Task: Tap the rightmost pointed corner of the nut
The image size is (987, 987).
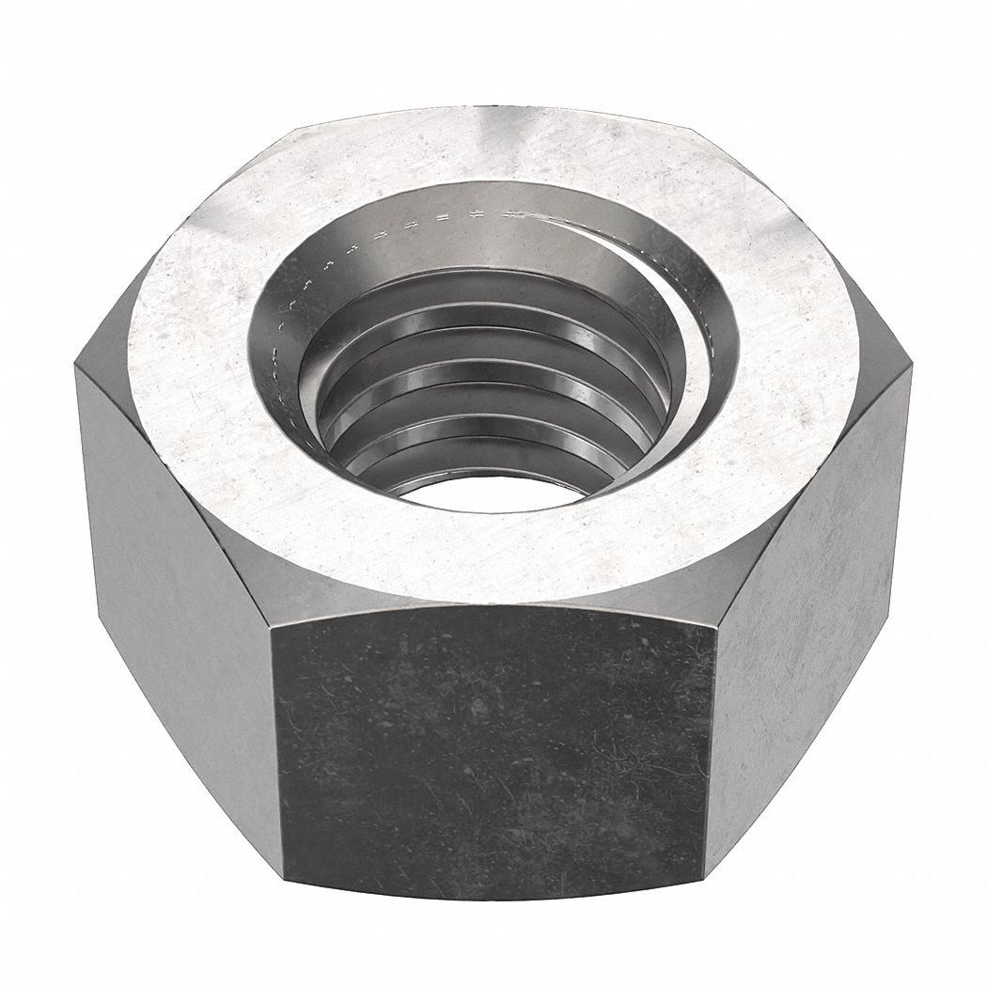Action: [910, 370]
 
